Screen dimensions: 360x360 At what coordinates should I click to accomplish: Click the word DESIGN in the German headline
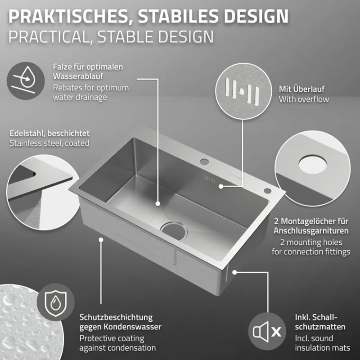click(x=256, y=16)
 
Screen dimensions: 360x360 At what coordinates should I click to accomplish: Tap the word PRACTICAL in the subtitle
click(x=49, y=37)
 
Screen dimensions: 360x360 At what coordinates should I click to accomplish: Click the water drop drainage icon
click(x=26, y=81)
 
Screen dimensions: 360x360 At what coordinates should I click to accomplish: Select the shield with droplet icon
click(x=55, y=302)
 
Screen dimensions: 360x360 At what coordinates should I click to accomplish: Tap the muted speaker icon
click(x=267, y=331)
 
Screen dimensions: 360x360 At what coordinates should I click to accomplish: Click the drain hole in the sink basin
click(x=174, y=231)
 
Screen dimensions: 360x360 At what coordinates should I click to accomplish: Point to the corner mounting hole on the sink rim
click(x=267, y=190)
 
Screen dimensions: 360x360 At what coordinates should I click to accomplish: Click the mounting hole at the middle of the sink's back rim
click(x=204, y=162)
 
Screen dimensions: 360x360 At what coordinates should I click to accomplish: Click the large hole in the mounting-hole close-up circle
click(x=313, y=164)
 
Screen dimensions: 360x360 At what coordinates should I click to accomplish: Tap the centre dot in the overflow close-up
click(x=241, y=92)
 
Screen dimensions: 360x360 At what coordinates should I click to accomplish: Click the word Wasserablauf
click(x=78, y=76)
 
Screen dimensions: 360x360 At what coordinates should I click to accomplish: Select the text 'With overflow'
click(x=304, y=99)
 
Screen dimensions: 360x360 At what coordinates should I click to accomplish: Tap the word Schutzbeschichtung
click(x=116, y=318)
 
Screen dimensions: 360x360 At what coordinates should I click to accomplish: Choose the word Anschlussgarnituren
click(x=311, y=231)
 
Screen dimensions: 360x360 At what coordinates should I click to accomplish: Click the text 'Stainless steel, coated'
click(x=49, y=143)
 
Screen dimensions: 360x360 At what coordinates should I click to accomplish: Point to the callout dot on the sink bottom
click(x=157, y=203)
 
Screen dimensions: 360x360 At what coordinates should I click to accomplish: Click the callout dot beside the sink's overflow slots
click(x=220, y=186)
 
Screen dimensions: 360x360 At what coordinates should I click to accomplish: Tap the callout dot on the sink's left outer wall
click(x=101, y=240)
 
